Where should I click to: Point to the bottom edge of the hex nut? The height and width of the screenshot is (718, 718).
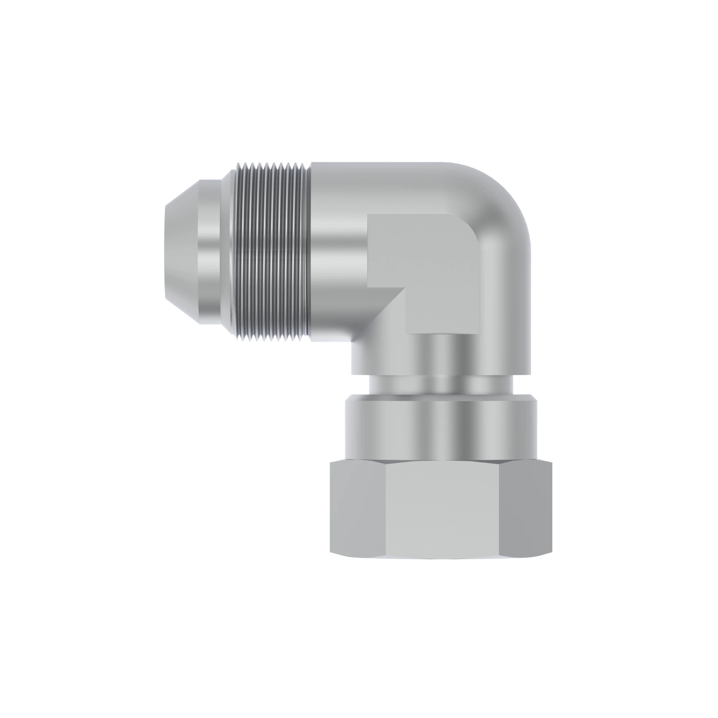pos(442,569)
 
